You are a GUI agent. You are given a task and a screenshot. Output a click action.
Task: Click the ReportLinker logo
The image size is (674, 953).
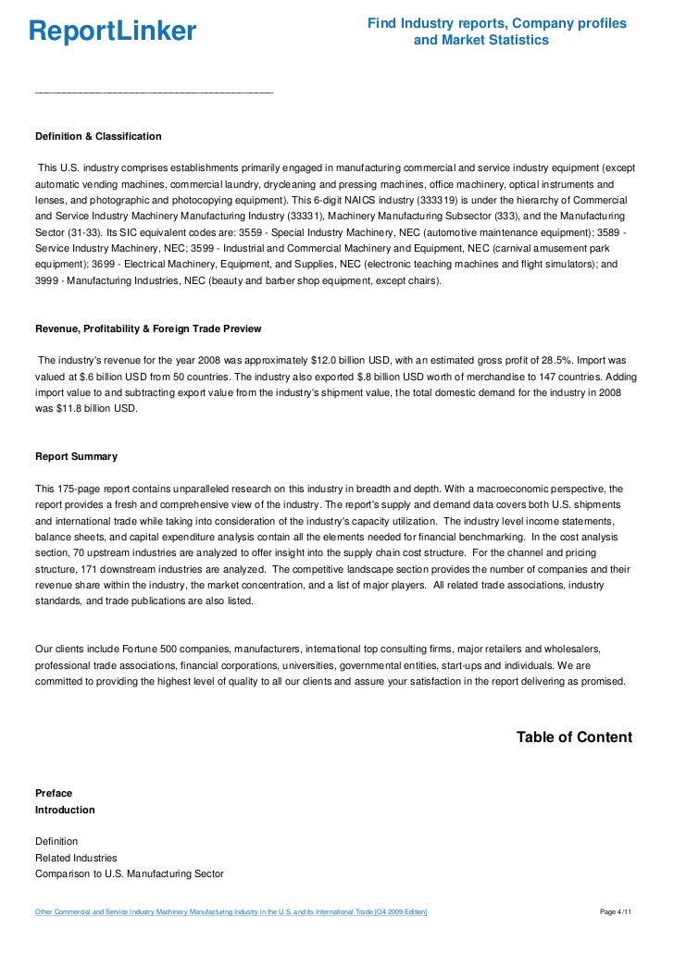112,32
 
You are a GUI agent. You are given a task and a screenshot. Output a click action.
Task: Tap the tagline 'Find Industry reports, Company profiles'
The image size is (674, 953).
497,23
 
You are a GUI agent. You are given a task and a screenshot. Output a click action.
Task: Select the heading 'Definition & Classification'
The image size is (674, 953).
98,136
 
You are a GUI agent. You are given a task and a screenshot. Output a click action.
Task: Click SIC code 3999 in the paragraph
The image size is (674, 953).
49,281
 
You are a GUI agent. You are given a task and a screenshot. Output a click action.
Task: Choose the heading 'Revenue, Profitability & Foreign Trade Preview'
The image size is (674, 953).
148,328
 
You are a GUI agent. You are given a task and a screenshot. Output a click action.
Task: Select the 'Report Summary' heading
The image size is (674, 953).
76,456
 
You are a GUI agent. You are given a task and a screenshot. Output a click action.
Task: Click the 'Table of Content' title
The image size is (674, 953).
574,737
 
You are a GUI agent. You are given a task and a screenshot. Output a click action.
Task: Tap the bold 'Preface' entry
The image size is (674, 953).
54,793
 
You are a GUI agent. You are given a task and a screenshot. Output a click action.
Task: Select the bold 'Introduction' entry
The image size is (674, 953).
65,810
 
